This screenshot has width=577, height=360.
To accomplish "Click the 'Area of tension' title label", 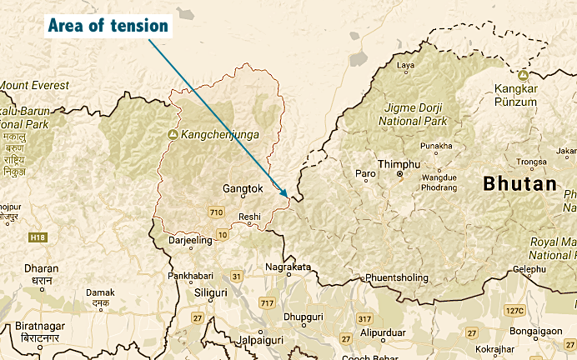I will (x=108, y=25).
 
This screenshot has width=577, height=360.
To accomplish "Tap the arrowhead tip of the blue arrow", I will (x=288, y=197).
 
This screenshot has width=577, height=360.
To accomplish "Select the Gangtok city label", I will (x=243, y=189).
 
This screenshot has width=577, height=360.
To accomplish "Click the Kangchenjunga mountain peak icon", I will (x=173, y=134).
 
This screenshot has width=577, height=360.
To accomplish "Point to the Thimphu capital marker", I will (x=399, y=175).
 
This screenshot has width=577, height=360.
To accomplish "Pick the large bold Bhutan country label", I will (x=519, y=184).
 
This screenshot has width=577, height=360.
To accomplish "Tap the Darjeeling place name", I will (x=191, y=238).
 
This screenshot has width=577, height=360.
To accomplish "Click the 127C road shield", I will (x=514, y=311).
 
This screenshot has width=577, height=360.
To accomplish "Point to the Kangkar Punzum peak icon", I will (x=524, y=74).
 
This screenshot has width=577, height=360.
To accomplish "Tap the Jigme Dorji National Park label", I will (x=412, y=114).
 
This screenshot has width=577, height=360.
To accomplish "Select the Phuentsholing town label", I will (x=396, y=277).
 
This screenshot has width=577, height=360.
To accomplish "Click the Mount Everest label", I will (x=33, y=85).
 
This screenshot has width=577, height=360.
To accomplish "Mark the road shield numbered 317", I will (x=364, y=319).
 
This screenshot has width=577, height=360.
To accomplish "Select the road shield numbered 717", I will (x=267, y=301).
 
